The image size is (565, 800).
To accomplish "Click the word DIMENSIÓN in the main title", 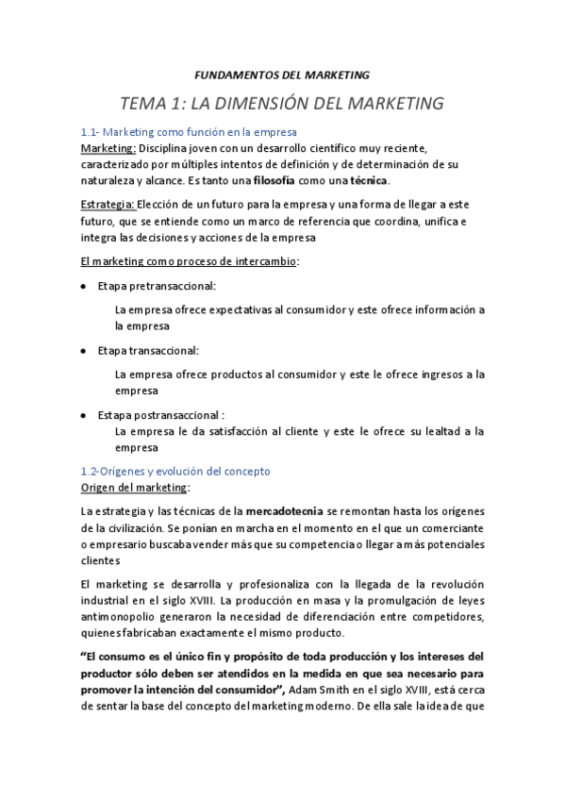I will coord(283,101).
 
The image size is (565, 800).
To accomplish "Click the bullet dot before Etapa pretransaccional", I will coord(85,286).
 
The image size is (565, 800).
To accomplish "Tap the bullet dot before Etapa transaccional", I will coord(85,350).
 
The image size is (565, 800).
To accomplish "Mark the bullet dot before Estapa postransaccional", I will coord(85,415).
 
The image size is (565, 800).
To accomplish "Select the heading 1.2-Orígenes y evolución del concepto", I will coord(176,471).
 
